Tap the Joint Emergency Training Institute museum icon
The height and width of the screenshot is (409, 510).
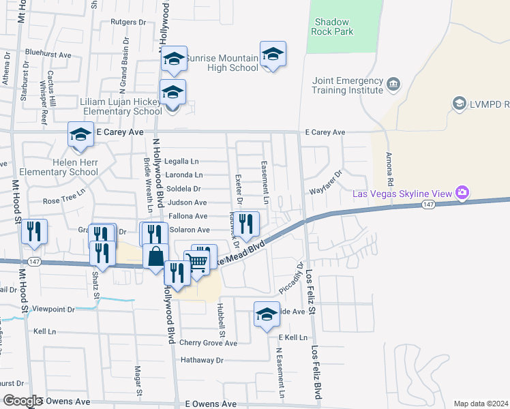click(x=393, y=85)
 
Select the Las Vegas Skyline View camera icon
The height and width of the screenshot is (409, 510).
click(x=462, y=194)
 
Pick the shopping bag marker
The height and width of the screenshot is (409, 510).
click(x=156, y=256)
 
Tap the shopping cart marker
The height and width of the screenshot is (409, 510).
click(x=197, y=261)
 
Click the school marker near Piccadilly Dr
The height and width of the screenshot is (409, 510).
click(x=267, y=314)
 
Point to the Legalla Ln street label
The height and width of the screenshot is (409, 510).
click(x=181, y=162)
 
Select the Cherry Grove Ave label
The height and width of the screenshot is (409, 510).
click(x=208, y=343)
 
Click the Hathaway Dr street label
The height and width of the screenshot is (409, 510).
click(x=202, y=359)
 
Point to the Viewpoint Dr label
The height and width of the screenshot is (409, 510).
click(x=55, y=309)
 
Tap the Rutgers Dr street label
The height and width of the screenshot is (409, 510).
click(x=128, y=22)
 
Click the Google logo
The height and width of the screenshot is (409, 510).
click(x=22, y=401)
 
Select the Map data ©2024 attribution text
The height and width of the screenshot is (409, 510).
click(x=481, y=404)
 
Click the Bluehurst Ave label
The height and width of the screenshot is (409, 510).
click(x=48, y=54)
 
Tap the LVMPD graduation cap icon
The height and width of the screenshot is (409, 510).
click(x=459, y=104)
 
